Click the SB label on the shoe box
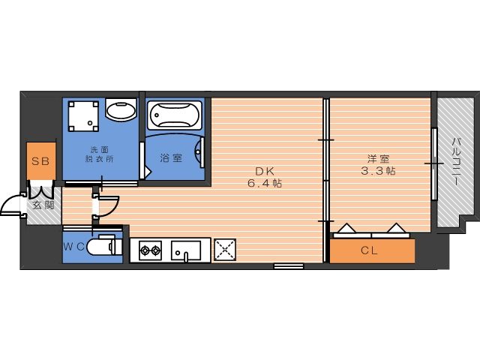point(40,161)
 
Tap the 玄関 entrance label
point(43,205)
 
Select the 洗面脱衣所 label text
point(99,154)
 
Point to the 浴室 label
point(171,157)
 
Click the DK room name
point(265,171)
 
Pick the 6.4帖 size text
point(265,183)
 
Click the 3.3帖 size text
point(378,170)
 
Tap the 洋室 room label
point(378,159)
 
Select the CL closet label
point(369,250)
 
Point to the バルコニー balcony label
point(457,162)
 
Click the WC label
point(73,247)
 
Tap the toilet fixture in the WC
point(104,245)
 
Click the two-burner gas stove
point(151,250)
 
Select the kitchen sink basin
point(186,251)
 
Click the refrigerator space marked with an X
point(225,250)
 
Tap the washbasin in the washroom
point(121,109)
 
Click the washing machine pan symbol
point(83,117)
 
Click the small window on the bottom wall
point(288,266)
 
